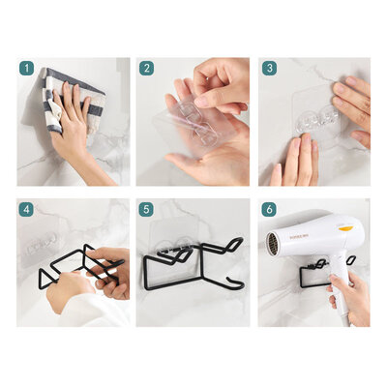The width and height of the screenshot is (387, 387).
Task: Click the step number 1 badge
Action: pyautogui.click(x=26, y=69)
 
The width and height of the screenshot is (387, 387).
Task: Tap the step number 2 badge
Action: pyautogui.click(x=146, y=69)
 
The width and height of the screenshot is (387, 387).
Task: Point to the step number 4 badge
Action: pyautogui.click(x=26, y=208)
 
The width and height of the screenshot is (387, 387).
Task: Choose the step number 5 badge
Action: pyautogui.click(x=146, y=208)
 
